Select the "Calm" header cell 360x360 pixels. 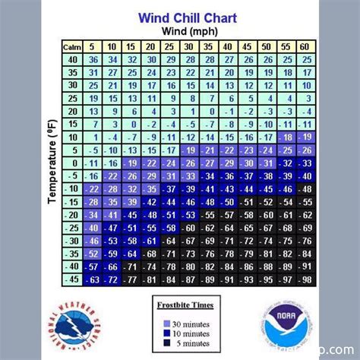(71, 47)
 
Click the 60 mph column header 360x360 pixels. (306, 47)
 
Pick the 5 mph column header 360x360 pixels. (93, 47)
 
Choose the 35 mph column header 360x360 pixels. (209, 47)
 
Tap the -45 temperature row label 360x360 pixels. (71, 279)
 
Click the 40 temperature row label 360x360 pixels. (71, 59)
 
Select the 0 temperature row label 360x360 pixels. (71, 163)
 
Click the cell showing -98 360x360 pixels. (306, 279)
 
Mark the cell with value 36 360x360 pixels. (93, 59)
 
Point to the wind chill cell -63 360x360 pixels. (93, 279)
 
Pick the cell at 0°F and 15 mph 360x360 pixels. (131, 163)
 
